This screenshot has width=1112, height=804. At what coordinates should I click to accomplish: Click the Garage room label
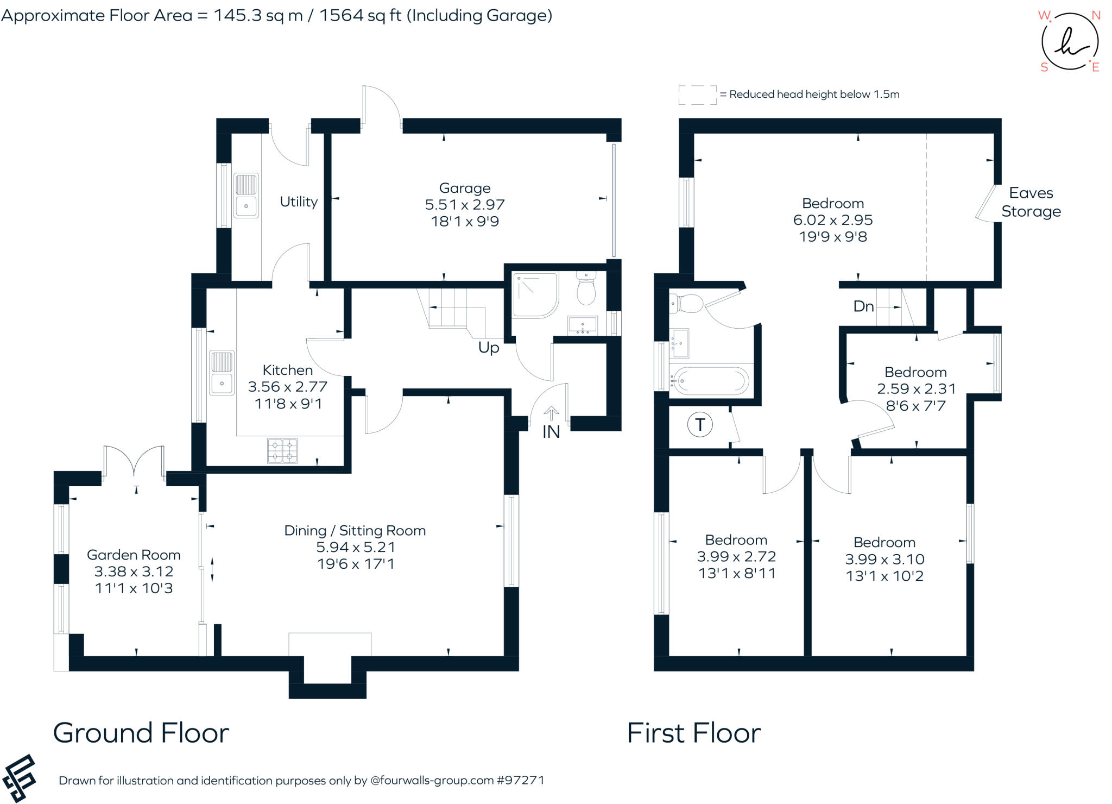coord(465,189)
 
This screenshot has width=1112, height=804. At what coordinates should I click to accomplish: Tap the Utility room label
coord(299,202)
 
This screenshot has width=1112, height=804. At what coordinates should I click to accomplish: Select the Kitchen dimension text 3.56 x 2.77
coord(288,387)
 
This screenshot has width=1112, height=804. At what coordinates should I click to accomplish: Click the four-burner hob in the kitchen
coord(282,450)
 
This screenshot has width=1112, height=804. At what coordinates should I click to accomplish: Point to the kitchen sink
coord(222,373)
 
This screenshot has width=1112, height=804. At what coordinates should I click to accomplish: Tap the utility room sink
coord(246,196)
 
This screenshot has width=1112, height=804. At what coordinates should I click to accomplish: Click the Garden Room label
coord(134,555)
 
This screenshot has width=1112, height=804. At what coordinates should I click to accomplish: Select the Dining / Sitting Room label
coord(355,531)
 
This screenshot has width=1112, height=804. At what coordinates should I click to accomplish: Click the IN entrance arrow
coord(551,413)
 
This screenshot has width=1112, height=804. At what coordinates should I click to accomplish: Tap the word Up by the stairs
coord(489,348)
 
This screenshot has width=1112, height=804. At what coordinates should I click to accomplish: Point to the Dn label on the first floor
coord(863,306)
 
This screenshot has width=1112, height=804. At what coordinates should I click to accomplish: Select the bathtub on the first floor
coord(709,381)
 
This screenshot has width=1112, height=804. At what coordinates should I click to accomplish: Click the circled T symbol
coord(700,424)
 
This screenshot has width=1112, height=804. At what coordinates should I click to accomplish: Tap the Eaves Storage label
coord(1031,202)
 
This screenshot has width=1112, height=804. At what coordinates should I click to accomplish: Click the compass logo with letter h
coord(1070,41)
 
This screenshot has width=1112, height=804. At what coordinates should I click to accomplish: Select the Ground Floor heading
coord(141,733)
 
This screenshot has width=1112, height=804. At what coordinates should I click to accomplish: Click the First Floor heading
coord(694,733)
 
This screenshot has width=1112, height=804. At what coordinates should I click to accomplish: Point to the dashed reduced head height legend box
coord(698,95)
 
